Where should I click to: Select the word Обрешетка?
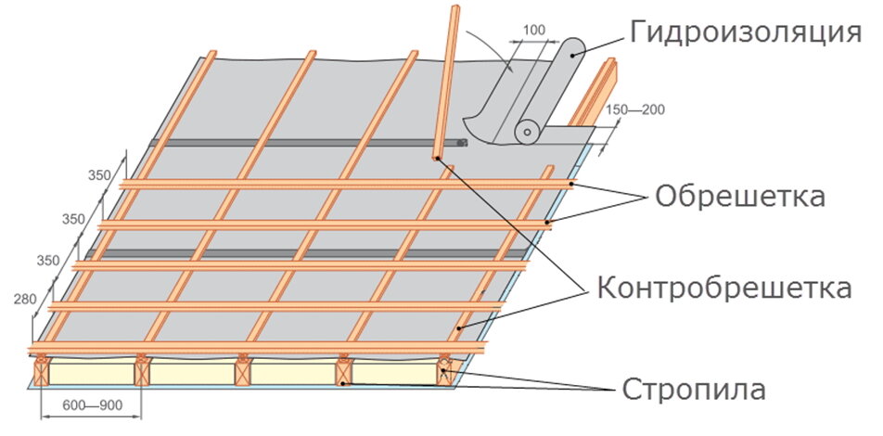[x=739, y=198]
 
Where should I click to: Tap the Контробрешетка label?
[x=723, y=288]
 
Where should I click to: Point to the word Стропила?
[x=694, y=389]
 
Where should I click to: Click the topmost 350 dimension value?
[x=98, y=173]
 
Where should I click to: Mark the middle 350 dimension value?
[x=74, y=219]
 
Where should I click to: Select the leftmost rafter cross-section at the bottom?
[x=41, y=374]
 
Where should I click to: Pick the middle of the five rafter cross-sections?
[x=243, y=373]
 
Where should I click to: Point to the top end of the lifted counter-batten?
[x=455, y=11]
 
